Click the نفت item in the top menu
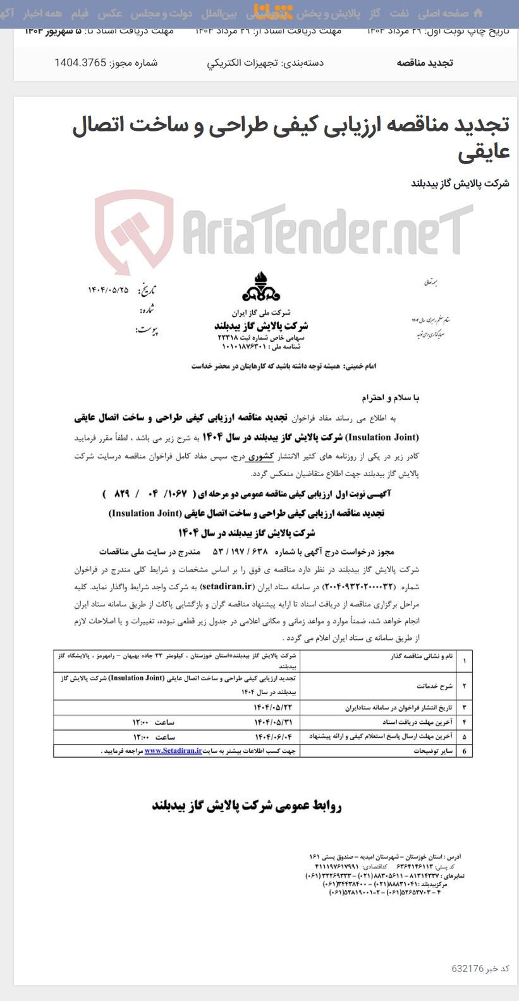pos(399,13)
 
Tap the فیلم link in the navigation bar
pos(79,13)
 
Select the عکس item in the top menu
pos(109,13)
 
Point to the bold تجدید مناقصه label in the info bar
pos(424,63)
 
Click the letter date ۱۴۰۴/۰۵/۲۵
pos(108,290)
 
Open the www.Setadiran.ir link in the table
pos(173,751)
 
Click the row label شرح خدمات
pos(434,686)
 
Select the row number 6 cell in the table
pos(465,751)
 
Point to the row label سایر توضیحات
pos(433,751)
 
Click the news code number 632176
pos(467,969)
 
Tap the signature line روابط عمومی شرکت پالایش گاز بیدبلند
pos(247,806)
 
